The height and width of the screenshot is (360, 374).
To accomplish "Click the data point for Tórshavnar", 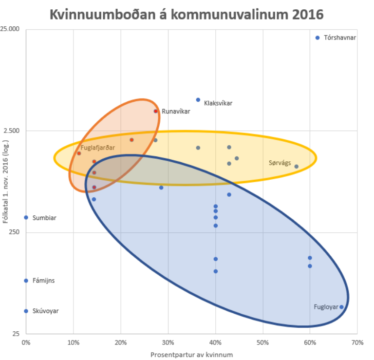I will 318,38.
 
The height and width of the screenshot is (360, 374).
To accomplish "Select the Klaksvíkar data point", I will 198,100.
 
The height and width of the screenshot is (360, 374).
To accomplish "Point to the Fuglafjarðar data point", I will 79,153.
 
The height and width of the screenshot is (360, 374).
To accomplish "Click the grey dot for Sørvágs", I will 296,167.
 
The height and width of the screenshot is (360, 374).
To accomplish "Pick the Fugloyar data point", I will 341,307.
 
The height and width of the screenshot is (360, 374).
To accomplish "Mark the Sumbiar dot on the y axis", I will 26,217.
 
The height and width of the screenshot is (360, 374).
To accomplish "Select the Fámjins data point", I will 26,281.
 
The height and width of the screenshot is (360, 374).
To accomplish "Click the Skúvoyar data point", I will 26,311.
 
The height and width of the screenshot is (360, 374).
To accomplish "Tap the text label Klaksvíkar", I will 218,103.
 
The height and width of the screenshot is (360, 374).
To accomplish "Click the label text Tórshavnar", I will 340,38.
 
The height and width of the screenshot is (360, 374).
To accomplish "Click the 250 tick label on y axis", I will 14,232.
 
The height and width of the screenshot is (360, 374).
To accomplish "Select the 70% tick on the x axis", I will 357,343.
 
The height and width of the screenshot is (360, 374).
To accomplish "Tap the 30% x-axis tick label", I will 168,343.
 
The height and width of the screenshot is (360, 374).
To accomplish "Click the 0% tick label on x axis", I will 26,343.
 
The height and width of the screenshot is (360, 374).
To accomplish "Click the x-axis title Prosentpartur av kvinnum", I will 191,355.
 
